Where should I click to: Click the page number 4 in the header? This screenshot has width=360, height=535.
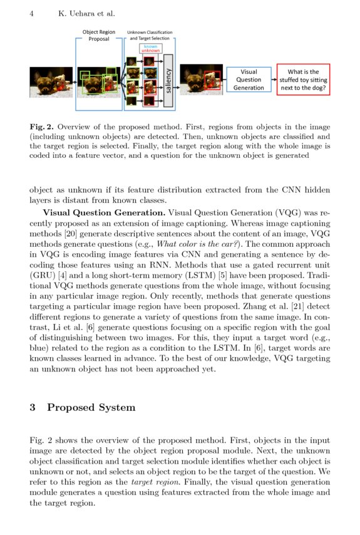(x=31, y=13)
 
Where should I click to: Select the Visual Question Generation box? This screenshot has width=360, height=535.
(x=249, y=80)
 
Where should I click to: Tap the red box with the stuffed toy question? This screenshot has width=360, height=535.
(x=303, y=80)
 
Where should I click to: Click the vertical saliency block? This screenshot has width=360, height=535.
(x=167, y=80)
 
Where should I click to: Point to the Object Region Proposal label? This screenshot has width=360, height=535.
(x=98, y=35)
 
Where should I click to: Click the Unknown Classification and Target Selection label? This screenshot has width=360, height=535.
(x=150, y=35)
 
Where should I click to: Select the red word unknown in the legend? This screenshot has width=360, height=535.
(x=150, y=51)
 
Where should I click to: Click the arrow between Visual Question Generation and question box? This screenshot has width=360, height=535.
(x=274, y=80)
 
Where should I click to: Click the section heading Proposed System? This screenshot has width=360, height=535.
(x=91, y=408)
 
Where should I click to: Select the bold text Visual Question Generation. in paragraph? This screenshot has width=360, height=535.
(x=104, y=212)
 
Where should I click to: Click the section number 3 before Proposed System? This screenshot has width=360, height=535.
(x=33, y=408)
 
